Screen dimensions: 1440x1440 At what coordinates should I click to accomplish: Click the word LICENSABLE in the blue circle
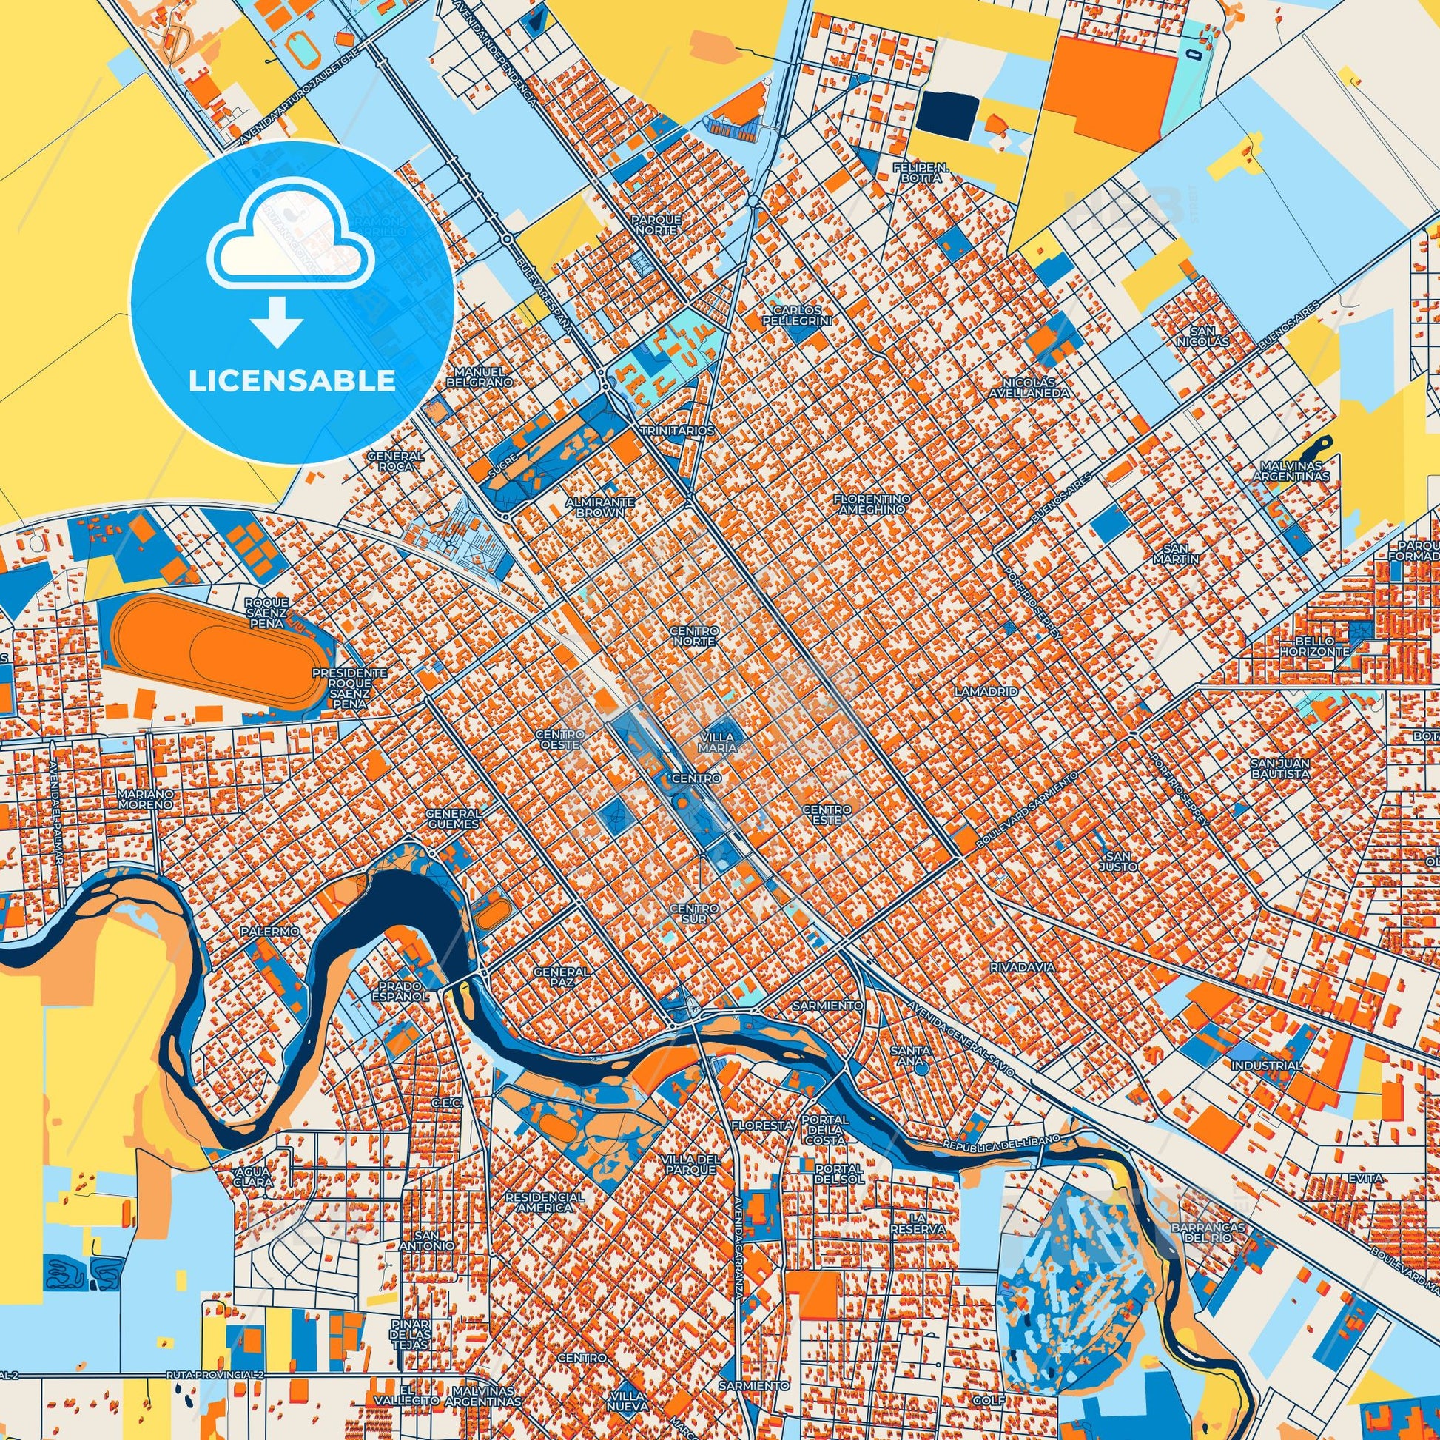tap(292, 381)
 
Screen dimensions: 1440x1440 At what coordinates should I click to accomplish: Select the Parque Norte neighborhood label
tap(656, 225)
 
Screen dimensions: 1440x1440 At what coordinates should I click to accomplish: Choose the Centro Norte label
tap(694, 636)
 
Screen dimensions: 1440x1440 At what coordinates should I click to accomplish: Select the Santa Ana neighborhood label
tap(910, 1055)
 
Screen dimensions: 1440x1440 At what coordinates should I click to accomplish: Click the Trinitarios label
tap(678, 431)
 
